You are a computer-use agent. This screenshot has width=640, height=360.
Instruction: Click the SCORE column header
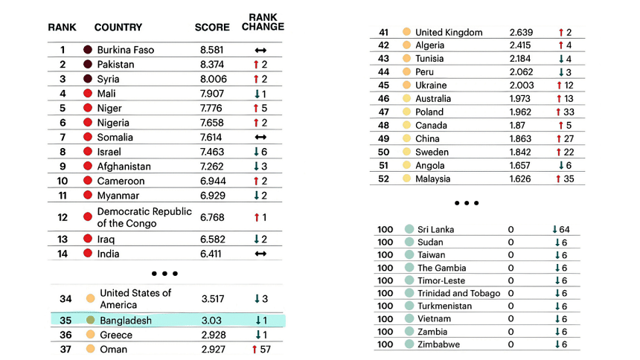coord(212,28)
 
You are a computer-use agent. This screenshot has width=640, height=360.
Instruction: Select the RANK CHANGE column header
coord(263,22)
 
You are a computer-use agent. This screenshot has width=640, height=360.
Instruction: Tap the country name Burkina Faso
coord(125,50)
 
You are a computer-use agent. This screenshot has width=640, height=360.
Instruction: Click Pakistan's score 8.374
coord(212,65)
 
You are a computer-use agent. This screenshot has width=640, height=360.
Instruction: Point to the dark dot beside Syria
coord(88,79)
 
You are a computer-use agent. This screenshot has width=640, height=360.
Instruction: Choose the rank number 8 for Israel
coord(63,152)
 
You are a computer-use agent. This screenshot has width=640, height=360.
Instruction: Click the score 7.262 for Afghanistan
coord(212,167)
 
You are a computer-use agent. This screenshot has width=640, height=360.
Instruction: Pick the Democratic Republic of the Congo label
coord(144,217)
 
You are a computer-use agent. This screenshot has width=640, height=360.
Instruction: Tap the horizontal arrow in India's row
coord(260,254)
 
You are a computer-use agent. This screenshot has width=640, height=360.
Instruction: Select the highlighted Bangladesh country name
coord(125,321)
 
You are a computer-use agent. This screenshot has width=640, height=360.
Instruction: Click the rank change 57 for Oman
coord(260,349)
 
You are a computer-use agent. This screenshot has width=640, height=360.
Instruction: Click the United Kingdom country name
coord(449,32)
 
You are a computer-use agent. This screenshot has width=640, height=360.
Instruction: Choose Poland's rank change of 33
coord(564,112)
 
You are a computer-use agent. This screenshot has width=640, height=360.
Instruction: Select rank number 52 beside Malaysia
coord(383,179)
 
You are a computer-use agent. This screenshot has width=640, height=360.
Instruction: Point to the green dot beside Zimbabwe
coord(409,344)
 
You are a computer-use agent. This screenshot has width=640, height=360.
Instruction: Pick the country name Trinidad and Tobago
coord(458,293)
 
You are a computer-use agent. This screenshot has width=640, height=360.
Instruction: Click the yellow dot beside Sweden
coord(406,152)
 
